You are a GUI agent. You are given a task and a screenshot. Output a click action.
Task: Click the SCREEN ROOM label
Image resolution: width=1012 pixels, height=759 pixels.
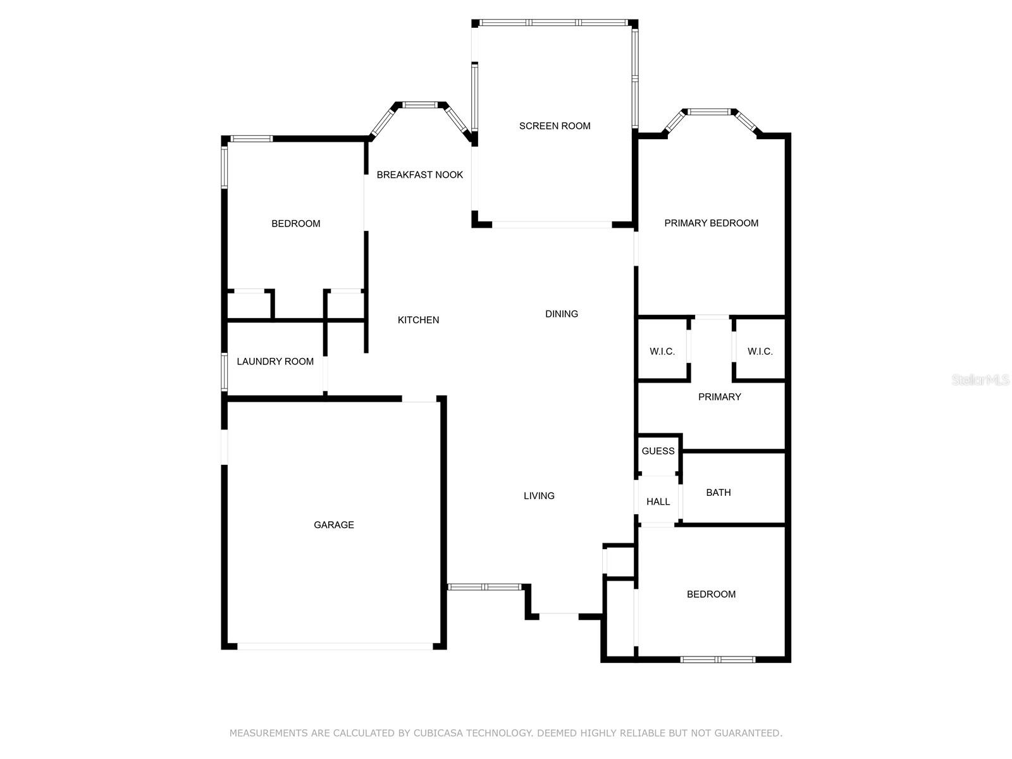pyautogui.click(x=555, y=126)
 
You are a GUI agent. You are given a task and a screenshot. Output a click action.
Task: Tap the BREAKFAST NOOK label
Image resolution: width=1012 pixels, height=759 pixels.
pyautogui.click(x=420, y=175)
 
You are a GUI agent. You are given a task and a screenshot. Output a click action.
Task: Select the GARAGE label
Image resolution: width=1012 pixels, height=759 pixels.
pyautogui.click(x=334, y=524)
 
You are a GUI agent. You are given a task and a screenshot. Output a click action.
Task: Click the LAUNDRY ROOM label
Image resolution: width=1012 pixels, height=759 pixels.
pyautogui.click(x=275, y=361)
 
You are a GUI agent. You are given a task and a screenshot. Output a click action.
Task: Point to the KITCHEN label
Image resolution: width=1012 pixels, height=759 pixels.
pyautogui.click(x=418, y=320)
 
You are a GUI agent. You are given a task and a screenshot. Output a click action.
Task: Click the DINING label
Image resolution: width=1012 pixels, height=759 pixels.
pyautogui.click(x=562, y=314)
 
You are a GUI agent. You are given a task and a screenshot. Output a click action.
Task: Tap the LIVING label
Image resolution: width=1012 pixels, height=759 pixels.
pyautogui.click(x=539, y=496)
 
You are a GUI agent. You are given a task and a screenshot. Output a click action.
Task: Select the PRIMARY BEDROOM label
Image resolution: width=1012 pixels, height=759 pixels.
pyautogui.click(x=711, y=223)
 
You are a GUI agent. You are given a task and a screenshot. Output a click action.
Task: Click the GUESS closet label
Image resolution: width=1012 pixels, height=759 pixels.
pyautogui.click(x=658, y=451)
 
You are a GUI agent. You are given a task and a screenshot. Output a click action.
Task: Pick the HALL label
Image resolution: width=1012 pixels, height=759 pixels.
pyautogui.click(x=658, y=502)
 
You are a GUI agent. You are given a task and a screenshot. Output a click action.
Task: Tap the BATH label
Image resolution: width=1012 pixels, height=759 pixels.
pyautogui.click(x=719, y=492)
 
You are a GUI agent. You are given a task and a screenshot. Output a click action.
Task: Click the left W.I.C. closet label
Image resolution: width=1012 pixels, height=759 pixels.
pyautogui.click(x=662, y=352)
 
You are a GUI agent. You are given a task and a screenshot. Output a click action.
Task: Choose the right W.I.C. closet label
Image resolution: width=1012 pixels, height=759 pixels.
pyautogui.click(x=760, y=352)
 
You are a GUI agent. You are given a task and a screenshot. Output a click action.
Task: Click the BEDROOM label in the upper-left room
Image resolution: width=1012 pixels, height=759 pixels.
pyautogui.click(x=295, y=223)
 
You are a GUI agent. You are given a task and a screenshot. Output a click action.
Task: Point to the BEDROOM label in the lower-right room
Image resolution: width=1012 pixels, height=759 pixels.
pyautogui.click(x=711, y=594)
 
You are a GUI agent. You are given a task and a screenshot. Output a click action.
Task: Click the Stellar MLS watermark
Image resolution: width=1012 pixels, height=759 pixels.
pyautogui.click(x=980, y=380)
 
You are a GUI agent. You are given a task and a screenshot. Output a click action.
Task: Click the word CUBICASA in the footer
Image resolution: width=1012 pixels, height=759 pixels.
pyautogui.click(x=438, y=733)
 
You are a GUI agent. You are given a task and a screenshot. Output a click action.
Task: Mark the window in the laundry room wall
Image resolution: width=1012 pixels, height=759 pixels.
pyautogui.click(x=224, y=371)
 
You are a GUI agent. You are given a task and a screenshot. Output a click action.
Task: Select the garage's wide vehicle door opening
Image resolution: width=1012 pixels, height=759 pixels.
pyautogui.click(x=335, y=646)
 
